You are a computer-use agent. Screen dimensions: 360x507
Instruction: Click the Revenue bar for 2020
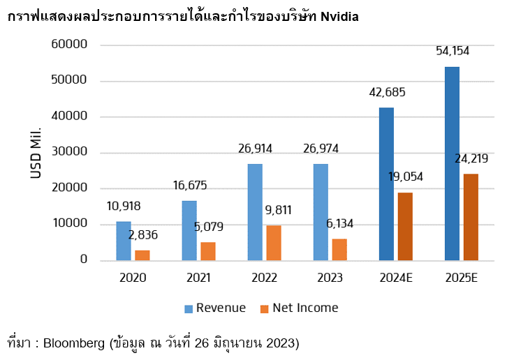click(x=124, y=241)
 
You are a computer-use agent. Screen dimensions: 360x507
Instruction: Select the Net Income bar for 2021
click(x=207, y=251)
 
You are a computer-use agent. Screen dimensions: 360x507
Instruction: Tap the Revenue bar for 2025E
click(x=452, y=163)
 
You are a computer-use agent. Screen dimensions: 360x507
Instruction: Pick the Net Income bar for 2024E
click(x=405, y=226)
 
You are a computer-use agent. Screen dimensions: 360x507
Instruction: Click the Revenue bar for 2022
click(x=255, y=212)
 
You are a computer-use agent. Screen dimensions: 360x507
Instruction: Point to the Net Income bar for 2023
click(x=339, y=249)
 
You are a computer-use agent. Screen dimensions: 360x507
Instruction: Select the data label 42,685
click(x=387, y=92)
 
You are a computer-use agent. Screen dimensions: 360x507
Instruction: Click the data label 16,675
click(x=189, y=186)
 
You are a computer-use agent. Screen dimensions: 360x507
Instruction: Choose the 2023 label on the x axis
click(x=330, y=278)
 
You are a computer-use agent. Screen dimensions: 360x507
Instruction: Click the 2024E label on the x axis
click(x=396, y=278)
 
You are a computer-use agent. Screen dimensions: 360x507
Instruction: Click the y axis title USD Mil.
click(x=36, y=152)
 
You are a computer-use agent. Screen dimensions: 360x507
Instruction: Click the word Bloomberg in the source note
click(x=72, y=343)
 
